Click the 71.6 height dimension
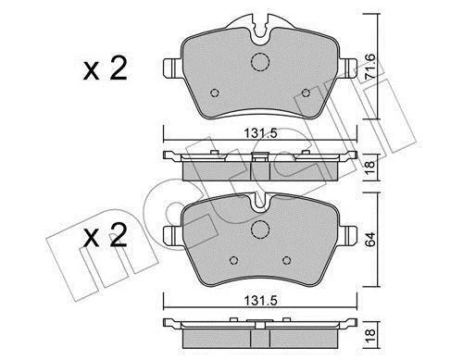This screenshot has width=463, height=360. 369,67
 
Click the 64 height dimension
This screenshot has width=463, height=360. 370,239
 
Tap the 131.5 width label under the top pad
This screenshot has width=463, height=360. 261,133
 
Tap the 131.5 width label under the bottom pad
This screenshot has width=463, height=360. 261,301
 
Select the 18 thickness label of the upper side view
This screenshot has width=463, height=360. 369,168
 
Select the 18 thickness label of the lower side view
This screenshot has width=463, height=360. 369,335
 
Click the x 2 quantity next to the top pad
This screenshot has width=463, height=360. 105,69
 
